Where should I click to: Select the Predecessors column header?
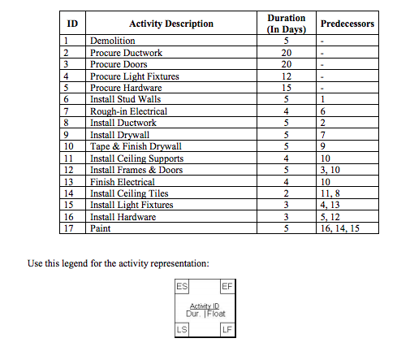tap(347, 24)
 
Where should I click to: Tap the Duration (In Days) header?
tap(287, 24)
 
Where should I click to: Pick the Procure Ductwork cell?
tap(126, 53)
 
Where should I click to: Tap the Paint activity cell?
tap(101, 229)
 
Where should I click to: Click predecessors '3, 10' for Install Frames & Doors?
tap(331, 171)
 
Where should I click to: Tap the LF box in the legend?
tap(227, 329)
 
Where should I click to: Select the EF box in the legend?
tap(227, 287)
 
